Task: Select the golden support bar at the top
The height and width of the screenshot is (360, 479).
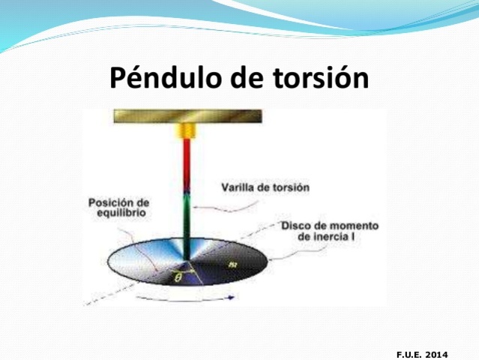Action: (x=187, y=116)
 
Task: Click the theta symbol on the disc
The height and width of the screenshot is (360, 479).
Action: (x=177, y=276)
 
